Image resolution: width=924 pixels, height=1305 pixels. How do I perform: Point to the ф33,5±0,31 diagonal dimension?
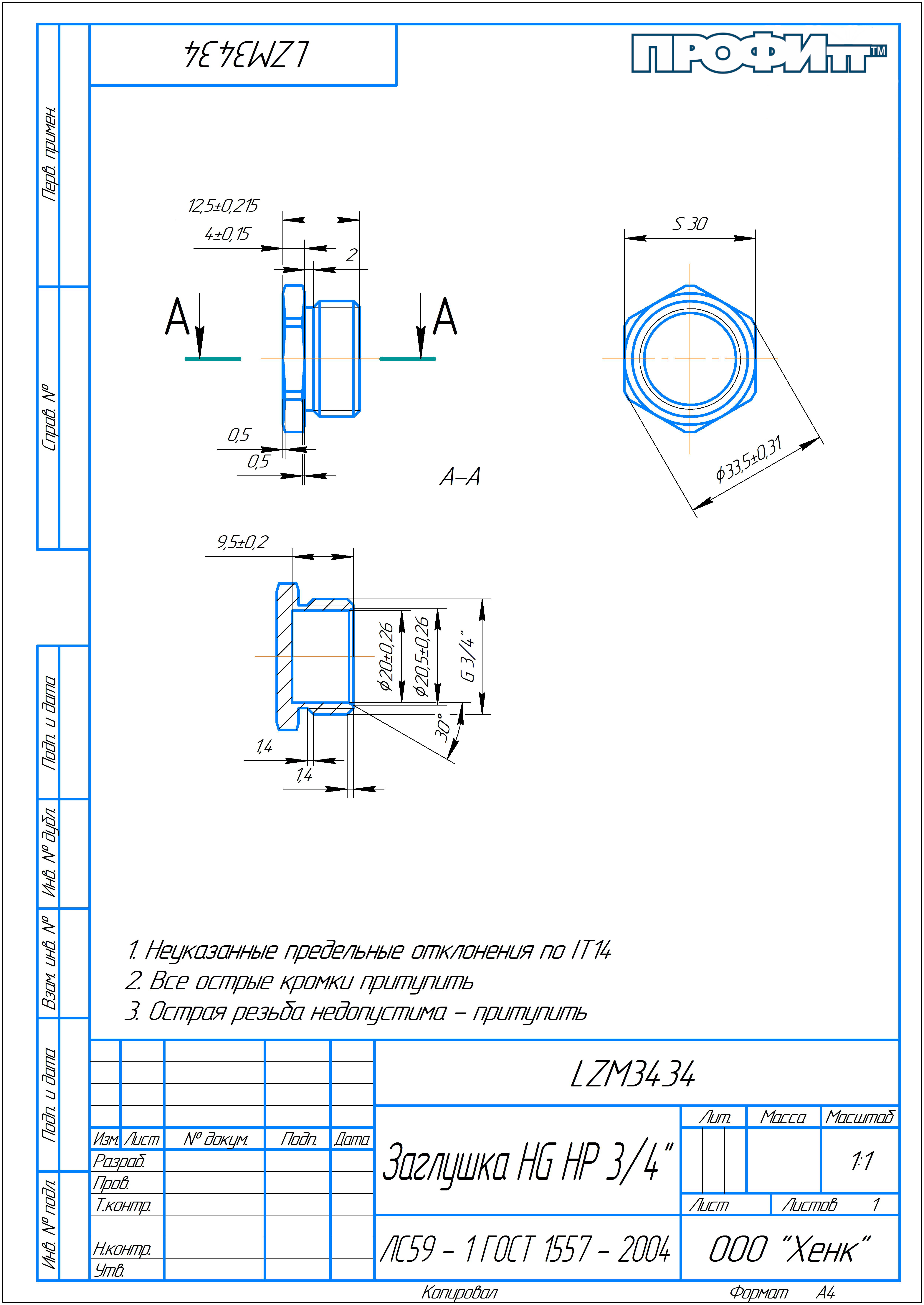749,459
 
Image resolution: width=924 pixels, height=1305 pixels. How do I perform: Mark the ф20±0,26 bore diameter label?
386,656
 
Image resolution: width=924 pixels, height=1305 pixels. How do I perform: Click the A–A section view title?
460,477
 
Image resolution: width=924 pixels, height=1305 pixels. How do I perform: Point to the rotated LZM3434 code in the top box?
246,55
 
